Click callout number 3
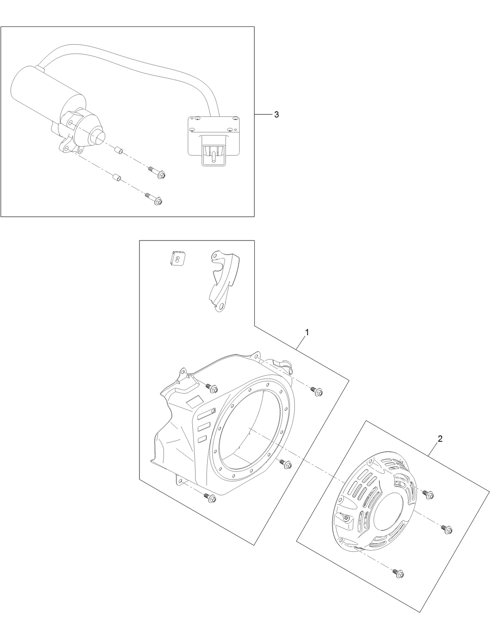click(276, 114)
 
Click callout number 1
click(307, 332)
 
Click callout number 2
click(440, 439)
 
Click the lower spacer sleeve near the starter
click(115, 179)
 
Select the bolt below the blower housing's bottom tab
click(210, 497)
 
